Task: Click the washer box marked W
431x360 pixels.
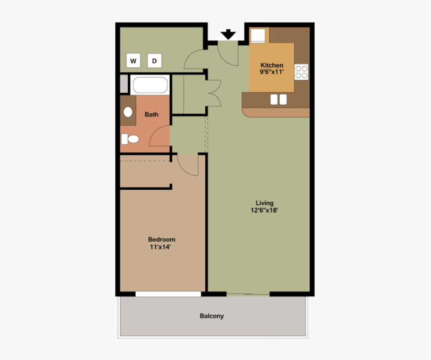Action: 133,61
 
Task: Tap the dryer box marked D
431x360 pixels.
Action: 154,61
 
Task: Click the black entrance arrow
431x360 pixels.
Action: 228,34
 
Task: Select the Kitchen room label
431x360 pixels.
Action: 272,65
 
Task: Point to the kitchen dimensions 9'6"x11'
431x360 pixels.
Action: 272,72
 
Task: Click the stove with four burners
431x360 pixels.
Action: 301,72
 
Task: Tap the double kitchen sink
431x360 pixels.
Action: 278,99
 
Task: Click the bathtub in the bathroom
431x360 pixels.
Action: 150,86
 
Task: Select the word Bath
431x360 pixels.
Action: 151,114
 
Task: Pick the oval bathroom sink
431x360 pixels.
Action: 128,113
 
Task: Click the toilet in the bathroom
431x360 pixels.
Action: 129,139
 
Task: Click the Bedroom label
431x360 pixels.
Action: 162,240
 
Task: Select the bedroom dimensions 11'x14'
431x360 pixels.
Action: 162,247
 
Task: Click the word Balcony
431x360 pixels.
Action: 212,316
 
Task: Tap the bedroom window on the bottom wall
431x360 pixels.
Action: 168,294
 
